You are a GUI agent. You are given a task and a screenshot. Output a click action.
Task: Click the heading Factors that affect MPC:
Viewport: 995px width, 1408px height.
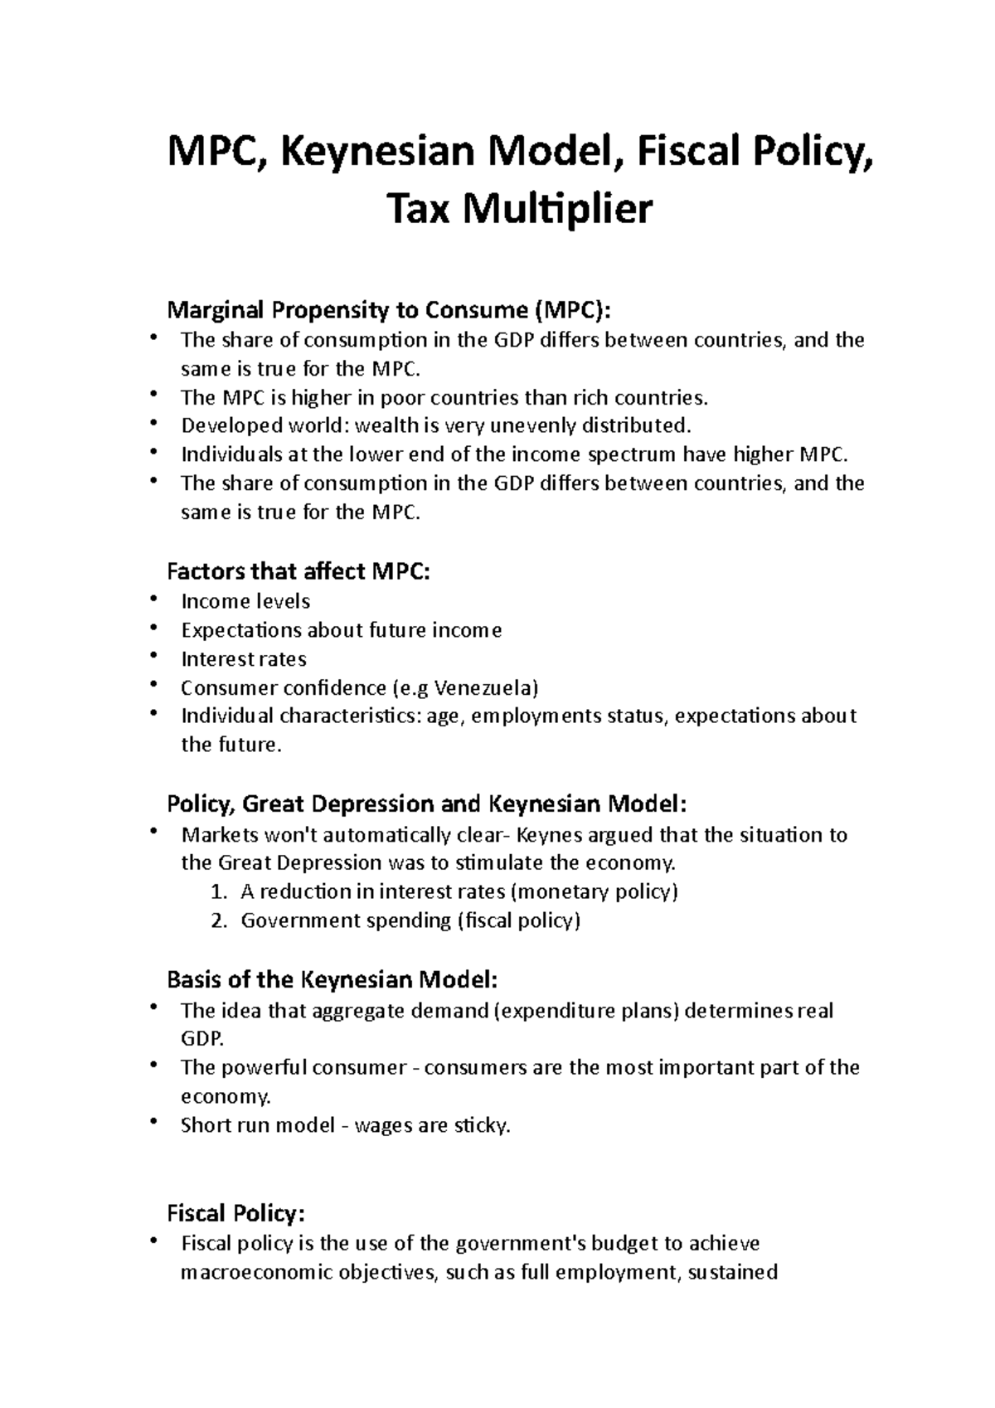coord(298,571)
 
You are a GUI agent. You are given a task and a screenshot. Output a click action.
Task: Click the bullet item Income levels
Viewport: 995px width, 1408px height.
coord(245,601)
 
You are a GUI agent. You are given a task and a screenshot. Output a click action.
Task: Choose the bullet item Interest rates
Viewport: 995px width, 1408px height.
coord(244,659)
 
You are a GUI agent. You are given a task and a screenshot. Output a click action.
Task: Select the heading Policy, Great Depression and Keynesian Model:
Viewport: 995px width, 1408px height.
coord(426,804)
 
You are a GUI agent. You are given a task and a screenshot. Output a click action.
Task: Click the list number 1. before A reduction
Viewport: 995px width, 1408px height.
coord(218,892)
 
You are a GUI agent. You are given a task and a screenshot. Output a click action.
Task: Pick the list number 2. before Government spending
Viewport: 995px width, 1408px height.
coord(218,920)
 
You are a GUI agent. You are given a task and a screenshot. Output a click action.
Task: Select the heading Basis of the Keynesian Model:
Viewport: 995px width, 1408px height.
coord(332,980)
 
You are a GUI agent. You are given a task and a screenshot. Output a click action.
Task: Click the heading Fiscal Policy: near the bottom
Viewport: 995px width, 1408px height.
coord(236,1214)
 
